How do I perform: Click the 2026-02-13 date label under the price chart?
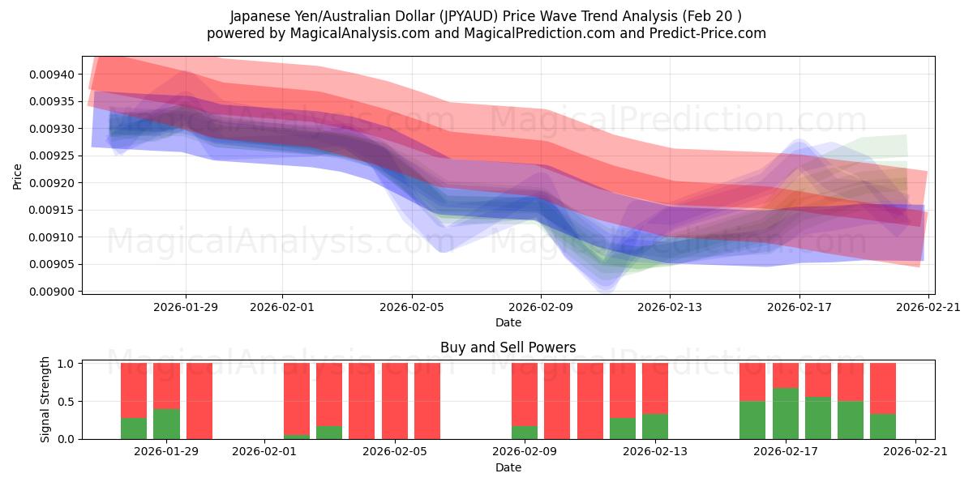tap(671, 307)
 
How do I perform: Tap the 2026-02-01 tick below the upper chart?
tap(282, 307)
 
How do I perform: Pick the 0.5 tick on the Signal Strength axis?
tap(66, 402)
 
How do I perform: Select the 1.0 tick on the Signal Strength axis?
tap(66, 364)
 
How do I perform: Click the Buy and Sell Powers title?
tap(508, 347)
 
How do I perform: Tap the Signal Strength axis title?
tap(45, 399)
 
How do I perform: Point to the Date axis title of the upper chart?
tap(508, 322)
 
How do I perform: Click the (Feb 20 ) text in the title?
tap(714, 16)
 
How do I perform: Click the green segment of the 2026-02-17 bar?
tap(785, 413)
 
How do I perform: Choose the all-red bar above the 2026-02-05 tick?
tap(395, 401)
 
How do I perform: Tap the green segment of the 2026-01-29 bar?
tap(166, 424)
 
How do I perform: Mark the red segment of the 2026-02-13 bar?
tap(655, 389)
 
